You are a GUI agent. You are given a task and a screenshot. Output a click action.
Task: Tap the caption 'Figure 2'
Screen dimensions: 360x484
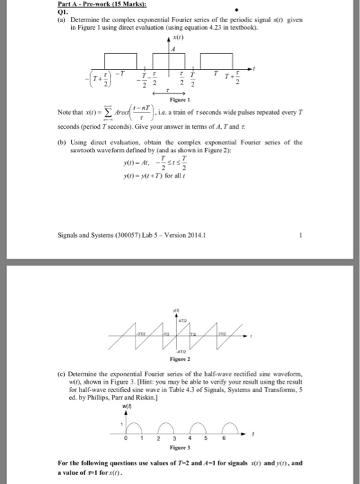[x=180, y=340]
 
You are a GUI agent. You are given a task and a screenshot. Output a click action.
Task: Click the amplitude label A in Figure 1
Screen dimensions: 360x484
[x=174, y=48]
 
